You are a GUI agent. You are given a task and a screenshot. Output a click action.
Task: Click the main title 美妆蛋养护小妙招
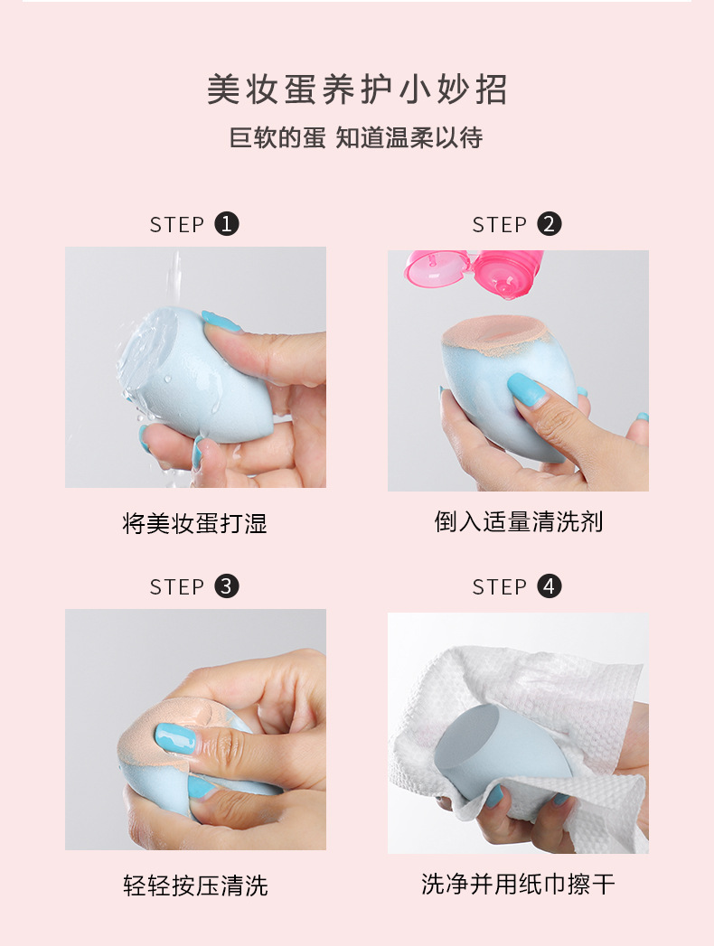tap(357, 89)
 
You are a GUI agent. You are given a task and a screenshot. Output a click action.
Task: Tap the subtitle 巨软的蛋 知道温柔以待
tap(356, 138)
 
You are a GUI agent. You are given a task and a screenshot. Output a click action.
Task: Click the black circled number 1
tap(227, 224)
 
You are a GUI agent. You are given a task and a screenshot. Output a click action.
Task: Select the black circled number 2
tap(550, 224)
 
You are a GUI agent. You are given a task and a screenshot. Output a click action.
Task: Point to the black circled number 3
tap(227, 585)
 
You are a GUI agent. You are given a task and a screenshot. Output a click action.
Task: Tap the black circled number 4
tap(550, 585)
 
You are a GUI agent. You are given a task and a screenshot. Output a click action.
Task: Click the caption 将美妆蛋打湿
tap(195, 523)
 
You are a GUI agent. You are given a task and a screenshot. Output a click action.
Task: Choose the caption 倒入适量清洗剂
tap(519, 522)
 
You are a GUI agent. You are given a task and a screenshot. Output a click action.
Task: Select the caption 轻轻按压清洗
tap(195, 885)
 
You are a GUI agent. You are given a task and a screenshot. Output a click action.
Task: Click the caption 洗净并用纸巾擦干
tap(519, 884)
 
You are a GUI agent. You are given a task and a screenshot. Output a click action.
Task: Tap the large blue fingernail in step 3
tap(175, 738)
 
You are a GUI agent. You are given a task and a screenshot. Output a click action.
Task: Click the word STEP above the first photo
tap(177, 224)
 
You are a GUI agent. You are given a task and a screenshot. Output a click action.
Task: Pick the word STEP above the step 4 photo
tap(499, 586)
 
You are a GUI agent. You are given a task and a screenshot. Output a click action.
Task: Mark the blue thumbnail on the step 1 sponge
tap(221, 322)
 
